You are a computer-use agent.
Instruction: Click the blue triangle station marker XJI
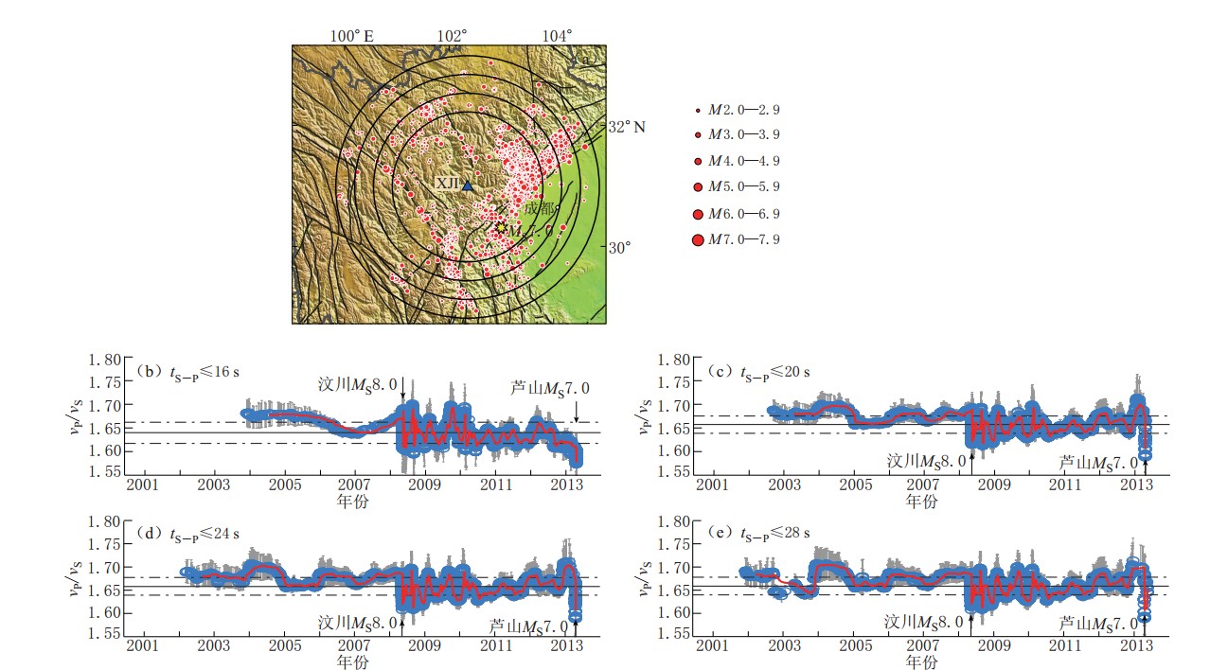point(467,185)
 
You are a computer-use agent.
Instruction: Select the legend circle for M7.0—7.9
point(699,239)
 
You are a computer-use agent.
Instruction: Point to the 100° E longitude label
point(351,36)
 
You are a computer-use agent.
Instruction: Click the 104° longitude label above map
point(557,36)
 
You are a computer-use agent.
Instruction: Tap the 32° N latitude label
point(626,126)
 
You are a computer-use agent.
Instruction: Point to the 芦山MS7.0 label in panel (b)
point(548,387)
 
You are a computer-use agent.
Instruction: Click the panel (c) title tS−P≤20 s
point(759,371)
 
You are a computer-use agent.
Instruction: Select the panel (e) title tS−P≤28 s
point(759,533)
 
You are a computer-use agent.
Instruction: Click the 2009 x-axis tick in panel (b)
point(425,485)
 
